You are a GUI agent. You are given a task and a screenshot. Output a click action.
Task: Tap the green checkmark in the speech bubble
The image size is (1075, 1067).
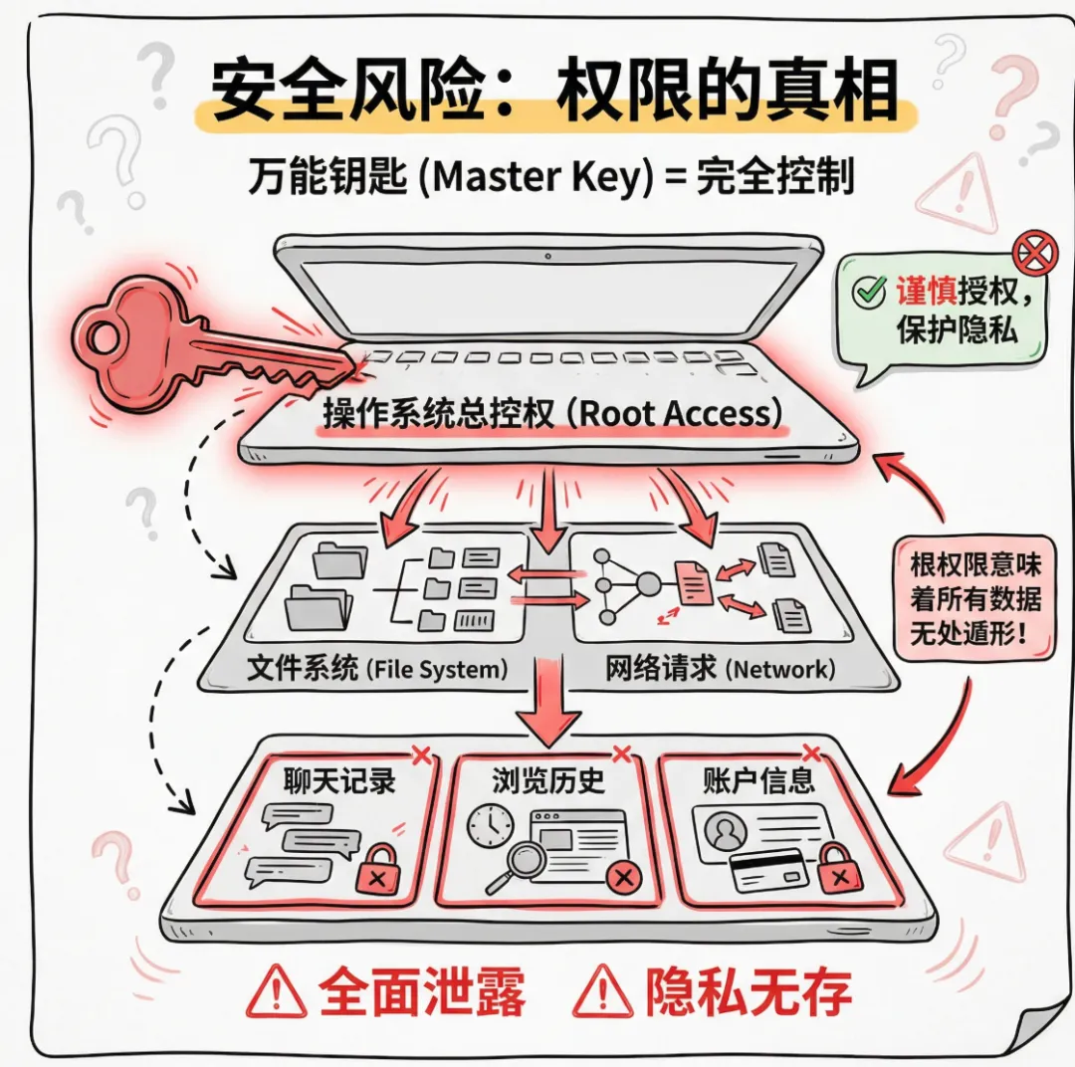click(870, 292)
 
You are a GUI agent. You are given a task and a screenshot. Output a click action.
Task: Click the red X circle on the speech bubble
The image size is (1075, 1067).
click(1034, 255)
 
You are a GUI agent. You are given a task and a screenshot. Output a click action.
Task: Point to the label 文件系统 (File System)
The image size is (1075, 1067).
click(377, 668)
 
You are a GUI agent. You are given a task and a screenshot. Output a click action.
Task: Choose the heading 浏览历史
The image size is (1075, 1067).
click(547, 779)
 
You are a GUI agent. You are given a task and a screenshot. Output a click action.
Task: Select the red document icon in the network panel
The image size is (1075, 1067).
click(694, 583)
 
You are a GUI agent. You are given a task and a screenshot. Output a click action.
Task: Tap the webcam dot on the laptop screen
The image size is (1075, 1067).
click(548, 257)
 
